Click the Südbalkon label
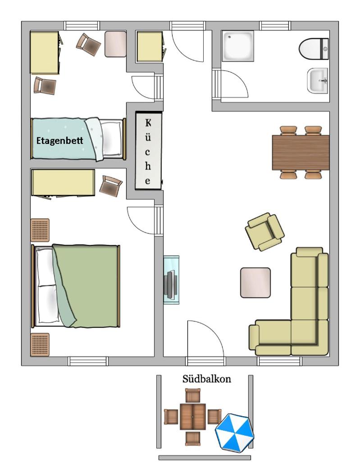[x=206, y=379]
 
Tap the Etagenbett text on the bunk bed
[x=59, y=141]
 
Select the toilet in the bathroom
[x=314, y=48]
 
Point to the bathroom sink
[x=318, y=80]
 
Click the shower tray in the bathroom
[x=237, y=46]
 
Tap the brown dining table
[x=301, y=152]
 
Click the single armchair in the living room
[x=264, y=232]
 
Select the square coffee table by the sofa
[x=255, y=283]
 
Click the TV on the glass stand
[x=171, y=285]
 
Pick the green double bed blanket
[x=85, y=285]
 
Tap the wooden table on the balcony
[x=193, y=416]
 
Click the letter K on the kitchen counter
[x=148, y=123]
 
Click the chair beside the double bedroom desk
[x=110, y=186]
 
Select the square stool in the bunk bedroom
[x=115, y=44]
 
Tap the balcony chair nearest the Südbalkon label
[x=193, y=395]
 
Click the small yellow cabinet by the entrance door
[x=150, y=46]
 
